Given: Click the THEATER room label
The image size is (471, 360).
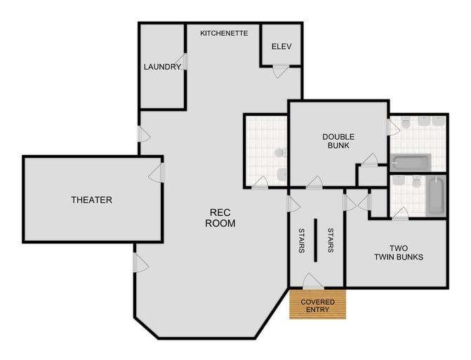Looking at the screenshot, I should click(x=91, y=200).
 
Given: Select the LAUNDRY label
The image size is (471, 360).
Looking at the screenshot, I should click(x=162, y=67).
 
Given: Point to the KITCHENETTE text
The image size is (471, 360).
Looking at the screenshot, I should click(x=224, y=33).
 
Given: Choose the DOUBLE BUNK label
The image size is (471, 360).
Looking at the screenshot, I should click(x=338, y=141).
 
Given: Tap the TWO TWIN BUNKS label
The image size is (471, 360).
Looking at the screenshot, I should click(x=397, y=252).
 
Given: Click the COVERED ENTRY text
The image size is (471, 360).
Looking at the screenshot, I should click(x=318, y=306).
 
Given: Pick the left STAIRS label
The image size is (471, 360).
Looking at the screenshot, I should click(x=300, y=240).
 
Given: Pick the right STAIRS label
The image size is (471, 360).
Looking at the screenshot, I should click(x=330, y=240).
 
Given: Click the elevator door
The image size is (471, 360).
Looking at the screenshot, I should click(x=281, y=70).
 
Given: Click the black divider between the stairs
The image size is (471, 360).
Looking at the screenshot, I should click(x=315, y=240).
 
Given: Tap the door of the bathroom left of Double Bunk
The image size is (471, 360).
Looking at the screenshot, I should click(x=260, y=183).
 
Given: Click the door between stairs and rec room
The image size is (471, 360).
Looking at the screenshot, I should click(x=293, y=204).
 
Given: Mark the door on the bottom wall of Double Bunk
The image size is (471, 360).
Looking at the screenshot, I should click(x=314, y=183).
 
